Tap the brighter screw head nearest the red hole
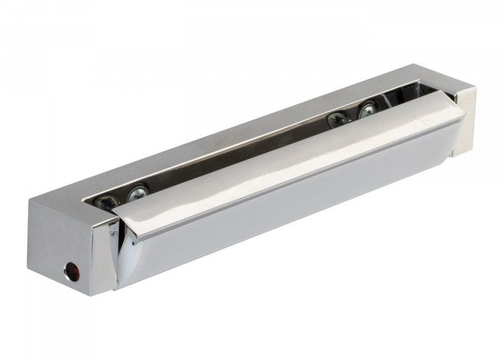(x=137, y=194)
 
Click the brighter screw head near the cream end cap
(x=367, y=110)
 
